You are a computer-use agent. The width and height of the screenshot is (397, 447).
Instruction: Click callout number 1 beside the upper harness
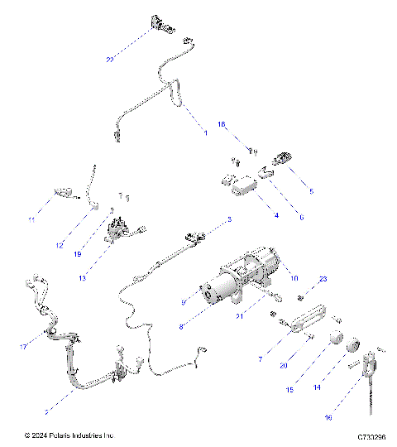tap(205, 133)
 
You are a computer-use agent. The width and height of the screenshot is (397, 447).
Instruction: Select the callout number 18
tap(221, 124)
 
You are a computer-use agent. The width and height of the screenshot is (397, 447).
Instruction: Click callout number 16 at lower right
tap(328, 418)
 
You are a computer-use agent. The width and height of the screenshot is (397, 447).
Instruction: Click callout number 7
tap(261, 360)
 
